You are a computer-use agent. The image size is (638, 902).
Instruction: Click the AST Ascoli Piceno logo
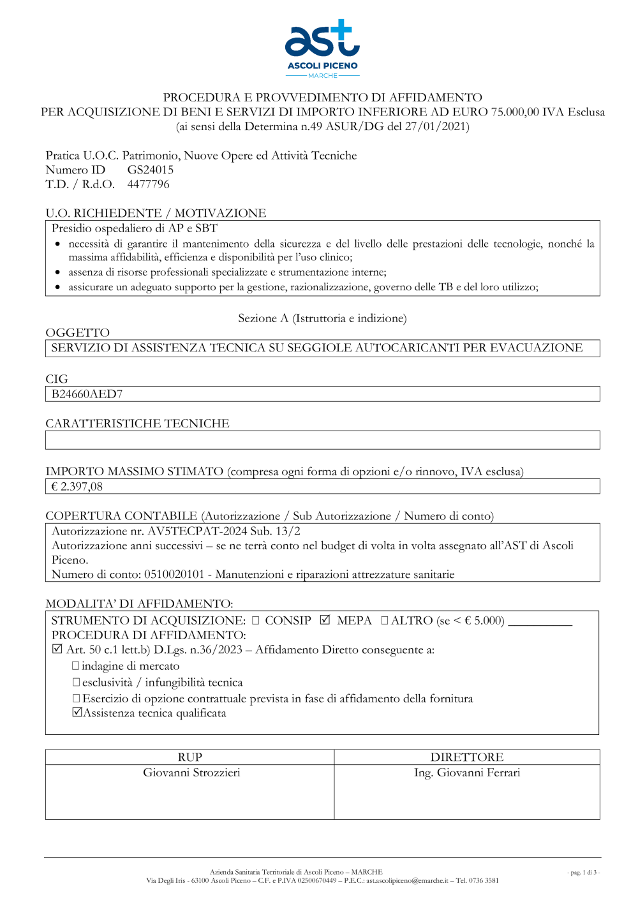tap(322, 48)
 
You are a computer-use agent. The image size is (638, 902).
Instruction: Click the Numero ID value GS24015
tap(150, 170)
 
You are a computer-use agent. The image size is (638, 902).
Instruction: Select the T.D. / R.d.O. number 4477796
tap(148, 184)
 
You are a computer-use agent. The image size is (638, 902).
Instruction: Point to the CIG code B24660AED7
tap(87, 394)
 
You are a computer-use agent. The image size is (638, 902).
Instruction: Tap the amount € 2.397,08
tap(77, 487)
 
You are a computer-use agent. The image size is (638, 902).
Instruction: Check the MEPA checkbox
tap(325, 620)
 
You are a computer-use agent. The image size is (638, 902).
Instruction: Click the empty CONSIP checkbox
tap(255, 620)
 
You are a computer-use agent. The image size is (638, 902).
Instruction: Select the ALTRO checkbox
tap(384, 620)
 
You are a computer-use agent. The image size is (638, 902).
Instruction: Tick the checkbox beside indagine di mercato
tap(76, 666)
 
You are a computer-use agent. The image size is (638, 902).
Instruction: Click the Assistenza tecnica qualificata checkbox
tap(77, 713)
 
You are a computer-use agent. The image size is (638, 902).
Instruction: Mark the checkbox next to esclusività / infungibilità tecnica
tap(76, 683)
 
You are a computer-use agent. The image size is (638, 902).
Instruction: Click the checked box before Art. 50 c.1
tap(57, 649)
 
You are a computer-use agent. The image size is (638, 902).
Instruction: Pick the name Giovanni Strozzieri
tap(191, 773)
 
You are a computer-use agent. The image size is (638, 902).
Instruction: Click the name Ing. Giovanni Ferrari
tap(467, 773)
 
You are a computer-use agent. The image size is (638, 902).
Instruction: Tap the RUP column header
tap(190, 757)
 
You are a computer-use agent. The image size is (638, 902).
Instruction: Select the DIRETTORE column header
tap(467, 757)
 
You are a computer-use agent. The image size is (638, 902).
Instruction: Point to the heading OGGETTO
tap(78, 333)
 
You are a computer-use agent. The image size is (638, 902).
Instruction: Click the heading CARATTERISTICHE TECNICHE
tap(137, 424)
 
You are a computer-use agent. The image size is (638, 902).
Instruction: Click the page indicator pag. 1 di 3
tap(583, 873)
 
